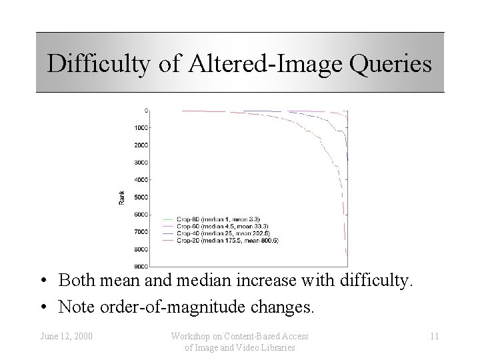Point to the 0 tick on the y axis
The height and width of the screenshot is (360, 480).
pyautogui.click(x=146, y=110)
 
